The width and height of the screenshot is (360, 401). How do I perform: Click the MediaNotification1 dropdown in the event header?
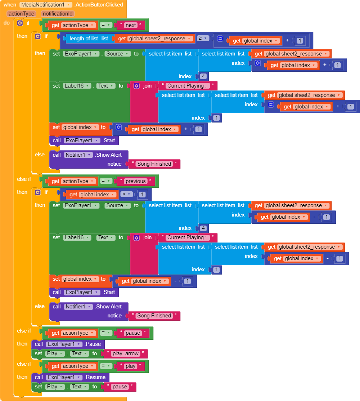point(46,5)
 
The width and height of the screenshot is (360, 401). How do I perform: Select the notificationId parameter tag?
point(58,14)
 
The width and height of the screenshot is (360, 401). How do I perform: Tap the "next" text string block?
point(131,25)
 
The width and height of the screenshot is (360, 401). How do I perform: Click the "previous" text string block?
point(136,181)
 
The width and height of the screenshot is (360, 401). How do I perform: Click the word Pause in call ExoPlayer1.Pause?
point(94,344)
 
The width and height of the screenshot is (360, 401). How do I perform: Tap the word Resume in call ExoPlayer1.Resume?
point(96,377)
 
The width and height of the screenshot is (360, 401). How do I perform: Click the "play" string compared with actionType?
point(130,366)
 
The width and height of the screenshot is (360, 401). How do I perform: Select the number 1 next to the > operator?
point(142,195)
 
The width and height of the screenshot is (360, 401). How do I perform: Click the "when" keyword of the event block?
point(10,5)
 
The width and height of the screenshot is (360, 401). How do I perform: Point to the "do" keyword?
point(7,23)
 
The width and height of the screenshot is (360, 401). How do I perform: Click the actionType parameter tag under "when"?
point(22,14)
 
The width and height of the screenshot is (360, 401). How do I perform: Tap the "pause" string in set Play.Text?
point(120,387)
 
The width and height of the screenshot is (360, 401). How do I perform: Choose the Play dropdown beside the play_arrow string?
point(55,353)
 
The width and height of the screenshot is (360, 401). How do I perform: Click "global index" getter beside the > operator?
point(94,195)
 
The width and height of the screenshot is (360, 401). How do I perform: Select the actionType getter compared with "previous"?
point(75,181)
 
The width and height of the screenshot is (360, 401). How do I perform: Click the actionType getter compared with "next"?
point(75,25)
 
